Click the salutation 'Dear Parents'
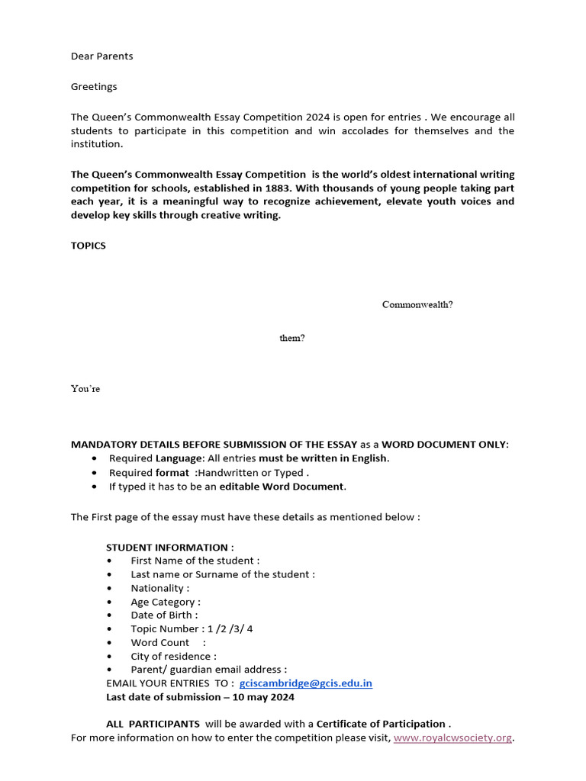click(101, 56)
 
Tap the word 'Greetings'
click(94, 86)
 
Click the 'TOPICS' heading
click(89, 246)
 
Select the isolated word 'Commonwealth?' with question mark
click(417, 304)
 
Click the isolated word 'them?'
click(291, 338)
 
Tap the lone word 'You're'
click(85, 388)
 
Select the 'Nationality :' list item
click(159, 588)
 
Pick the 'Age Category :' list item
click(166, 602)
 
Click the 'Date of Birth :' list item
click(164, 615)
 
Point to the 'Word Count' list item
click(160, 642)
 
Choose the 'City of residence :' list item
click(173, 656)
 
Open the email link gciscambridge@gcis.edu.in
click(305, 683)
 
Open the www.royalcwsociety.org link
click(452, 738)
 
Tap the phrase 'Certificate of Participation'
click(381, 723)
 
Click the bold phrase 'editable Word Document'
click(282, 486)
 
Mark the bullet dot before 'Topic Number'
click(111, 629)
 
